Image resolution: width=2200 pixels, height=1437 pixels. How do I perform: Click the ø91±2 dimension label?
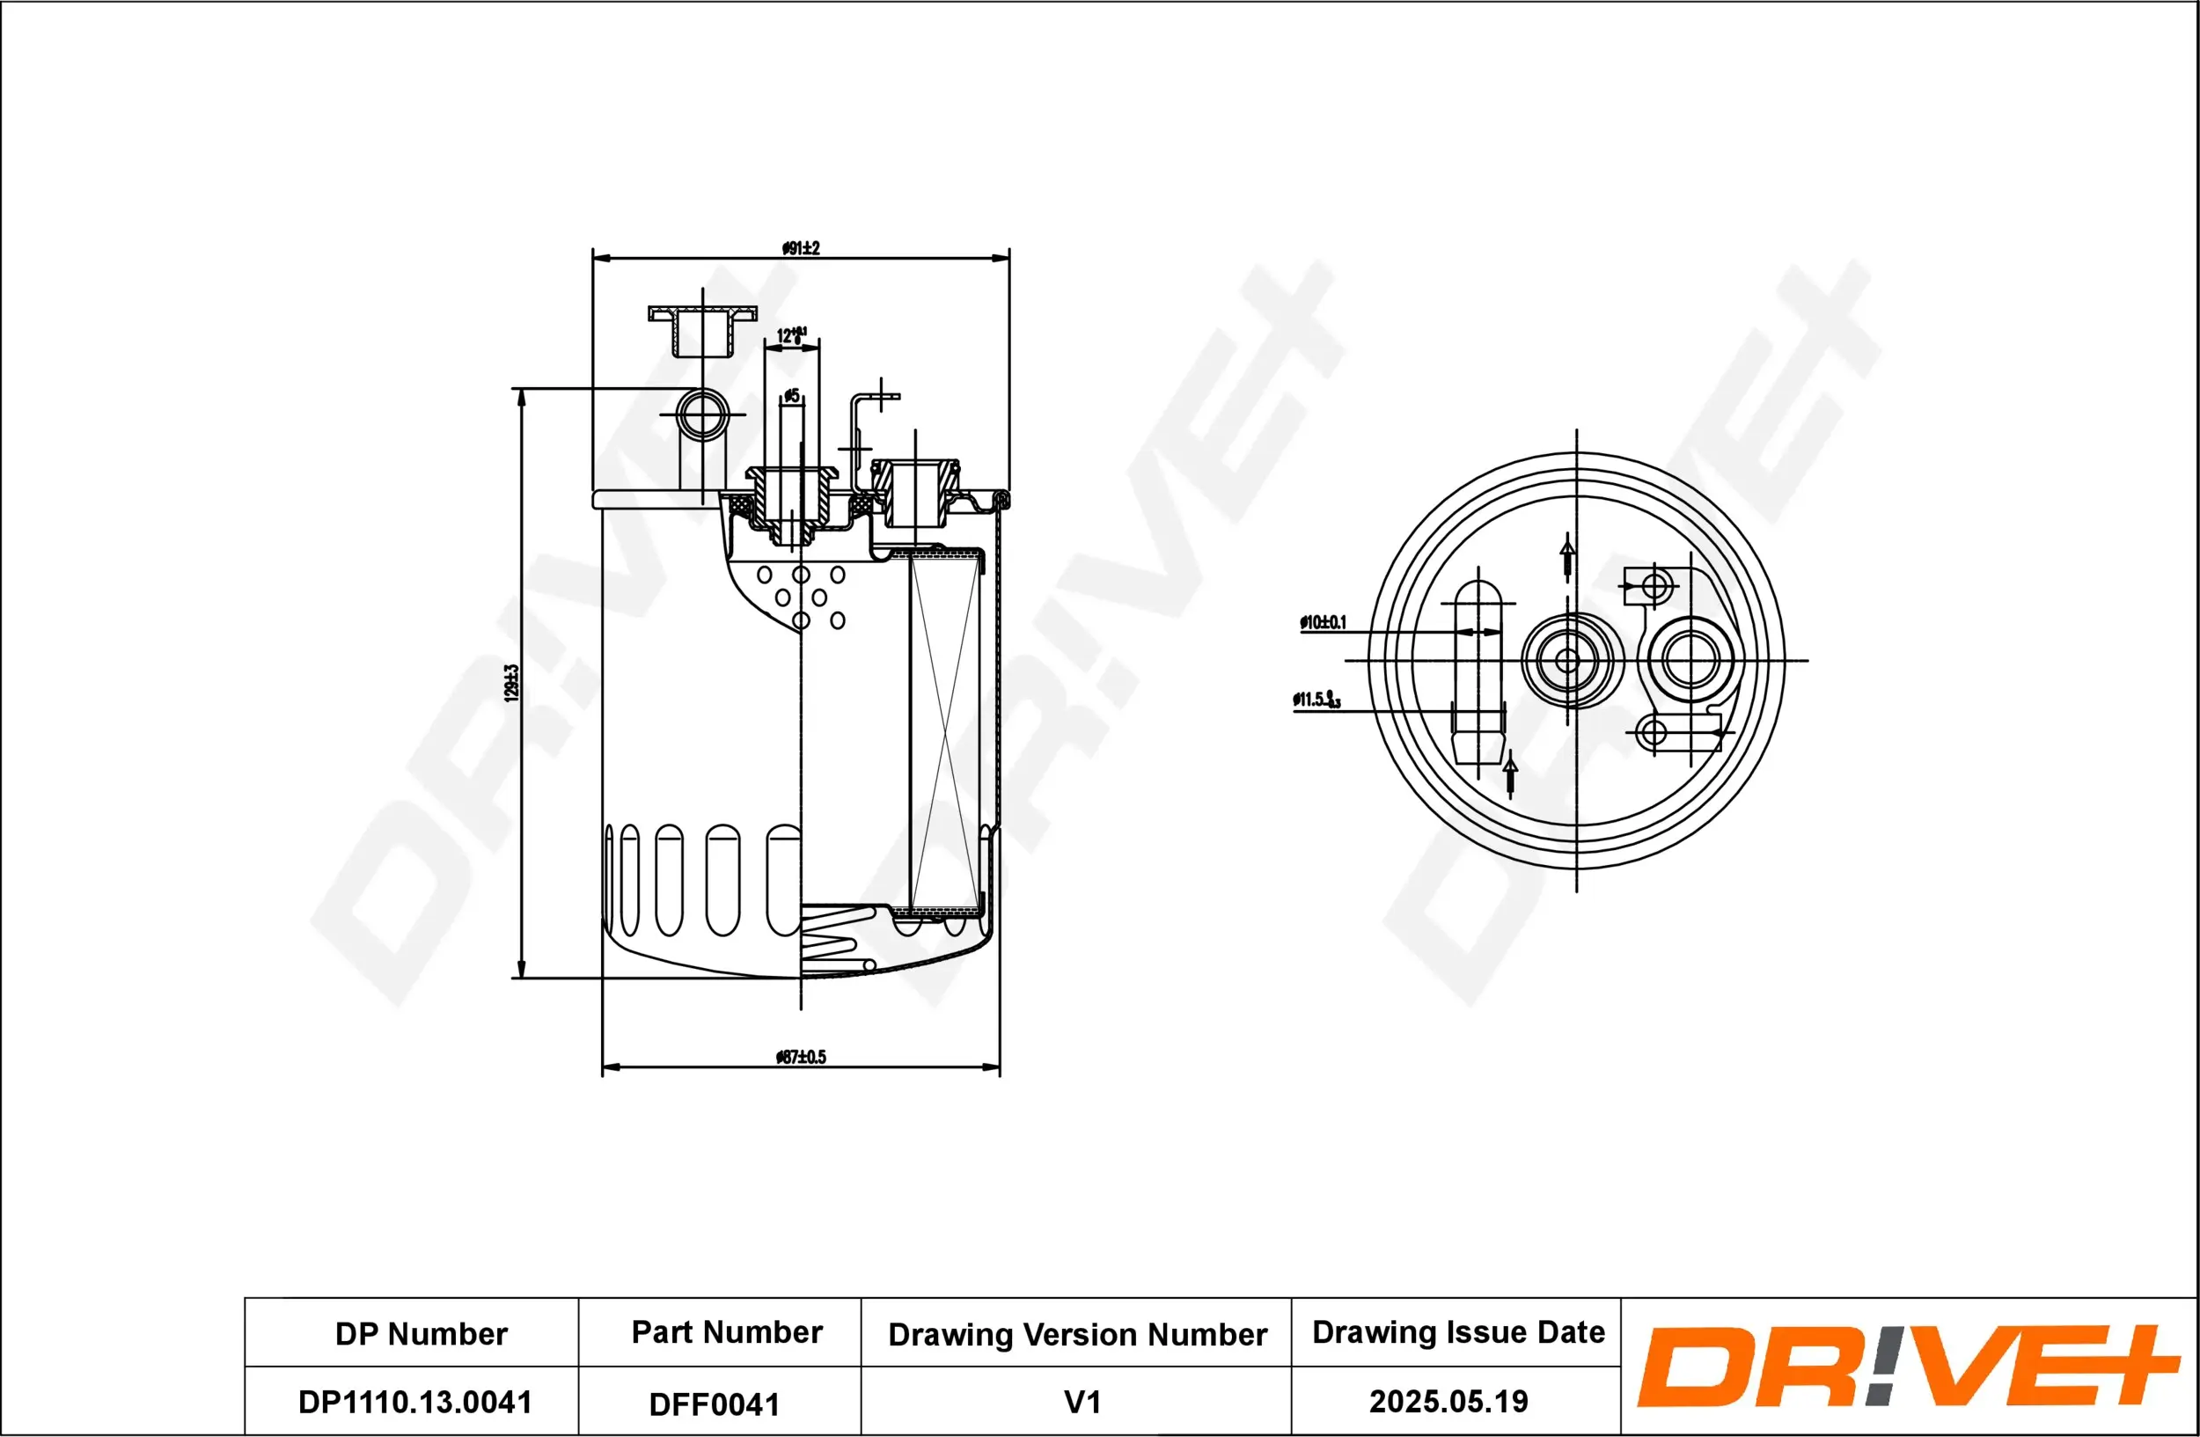(801, 247)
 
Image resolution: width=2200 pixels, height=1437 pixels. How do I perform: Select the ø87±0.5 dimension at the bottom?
(801, 1056)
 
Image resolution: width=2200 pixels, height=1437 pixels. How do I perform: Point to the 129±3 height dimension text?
(511, 683)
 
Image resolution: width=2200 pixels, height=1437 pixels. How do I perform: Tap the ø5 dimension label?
(791, 395)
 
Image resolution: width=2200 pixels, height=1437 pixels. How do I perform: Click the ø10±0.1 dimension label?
(1323, 623)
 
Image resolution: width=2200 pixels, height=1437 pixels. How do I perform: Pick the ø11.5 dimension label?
(1316, 700)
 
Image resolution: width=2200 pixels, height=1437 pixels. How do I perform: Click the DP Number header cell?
(421, 1333)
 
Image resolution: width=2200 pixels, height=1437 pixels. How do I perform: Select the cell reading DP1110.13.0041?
(414, 1402)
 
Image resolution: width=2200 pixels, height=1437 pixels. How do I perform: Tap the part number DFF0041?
(714, 1404)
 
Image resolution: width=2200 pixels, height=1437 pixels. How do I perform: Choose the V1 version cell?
(1082, 1402)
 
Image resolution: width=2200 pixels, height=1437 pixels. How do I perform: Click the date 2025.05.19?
(1448, 1401)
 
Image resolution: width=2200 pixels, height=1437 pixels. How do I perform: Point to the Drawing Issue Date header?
(1458, 1331)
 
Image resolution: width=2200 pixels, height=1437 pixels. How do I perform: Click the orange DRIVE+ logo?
(1906, 1366)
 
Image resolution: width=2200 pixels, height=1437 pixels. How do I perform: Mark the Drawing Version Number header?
(1077, 1334)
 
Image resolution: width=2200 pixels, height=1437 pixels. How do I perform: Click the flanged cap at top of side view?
(702, 329)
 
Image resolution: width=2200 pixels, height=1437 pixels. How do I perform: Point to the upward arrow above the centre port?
(1566, 555)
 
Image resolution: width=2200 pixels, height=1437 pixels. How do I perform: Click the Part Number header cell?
(727, 1331)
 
